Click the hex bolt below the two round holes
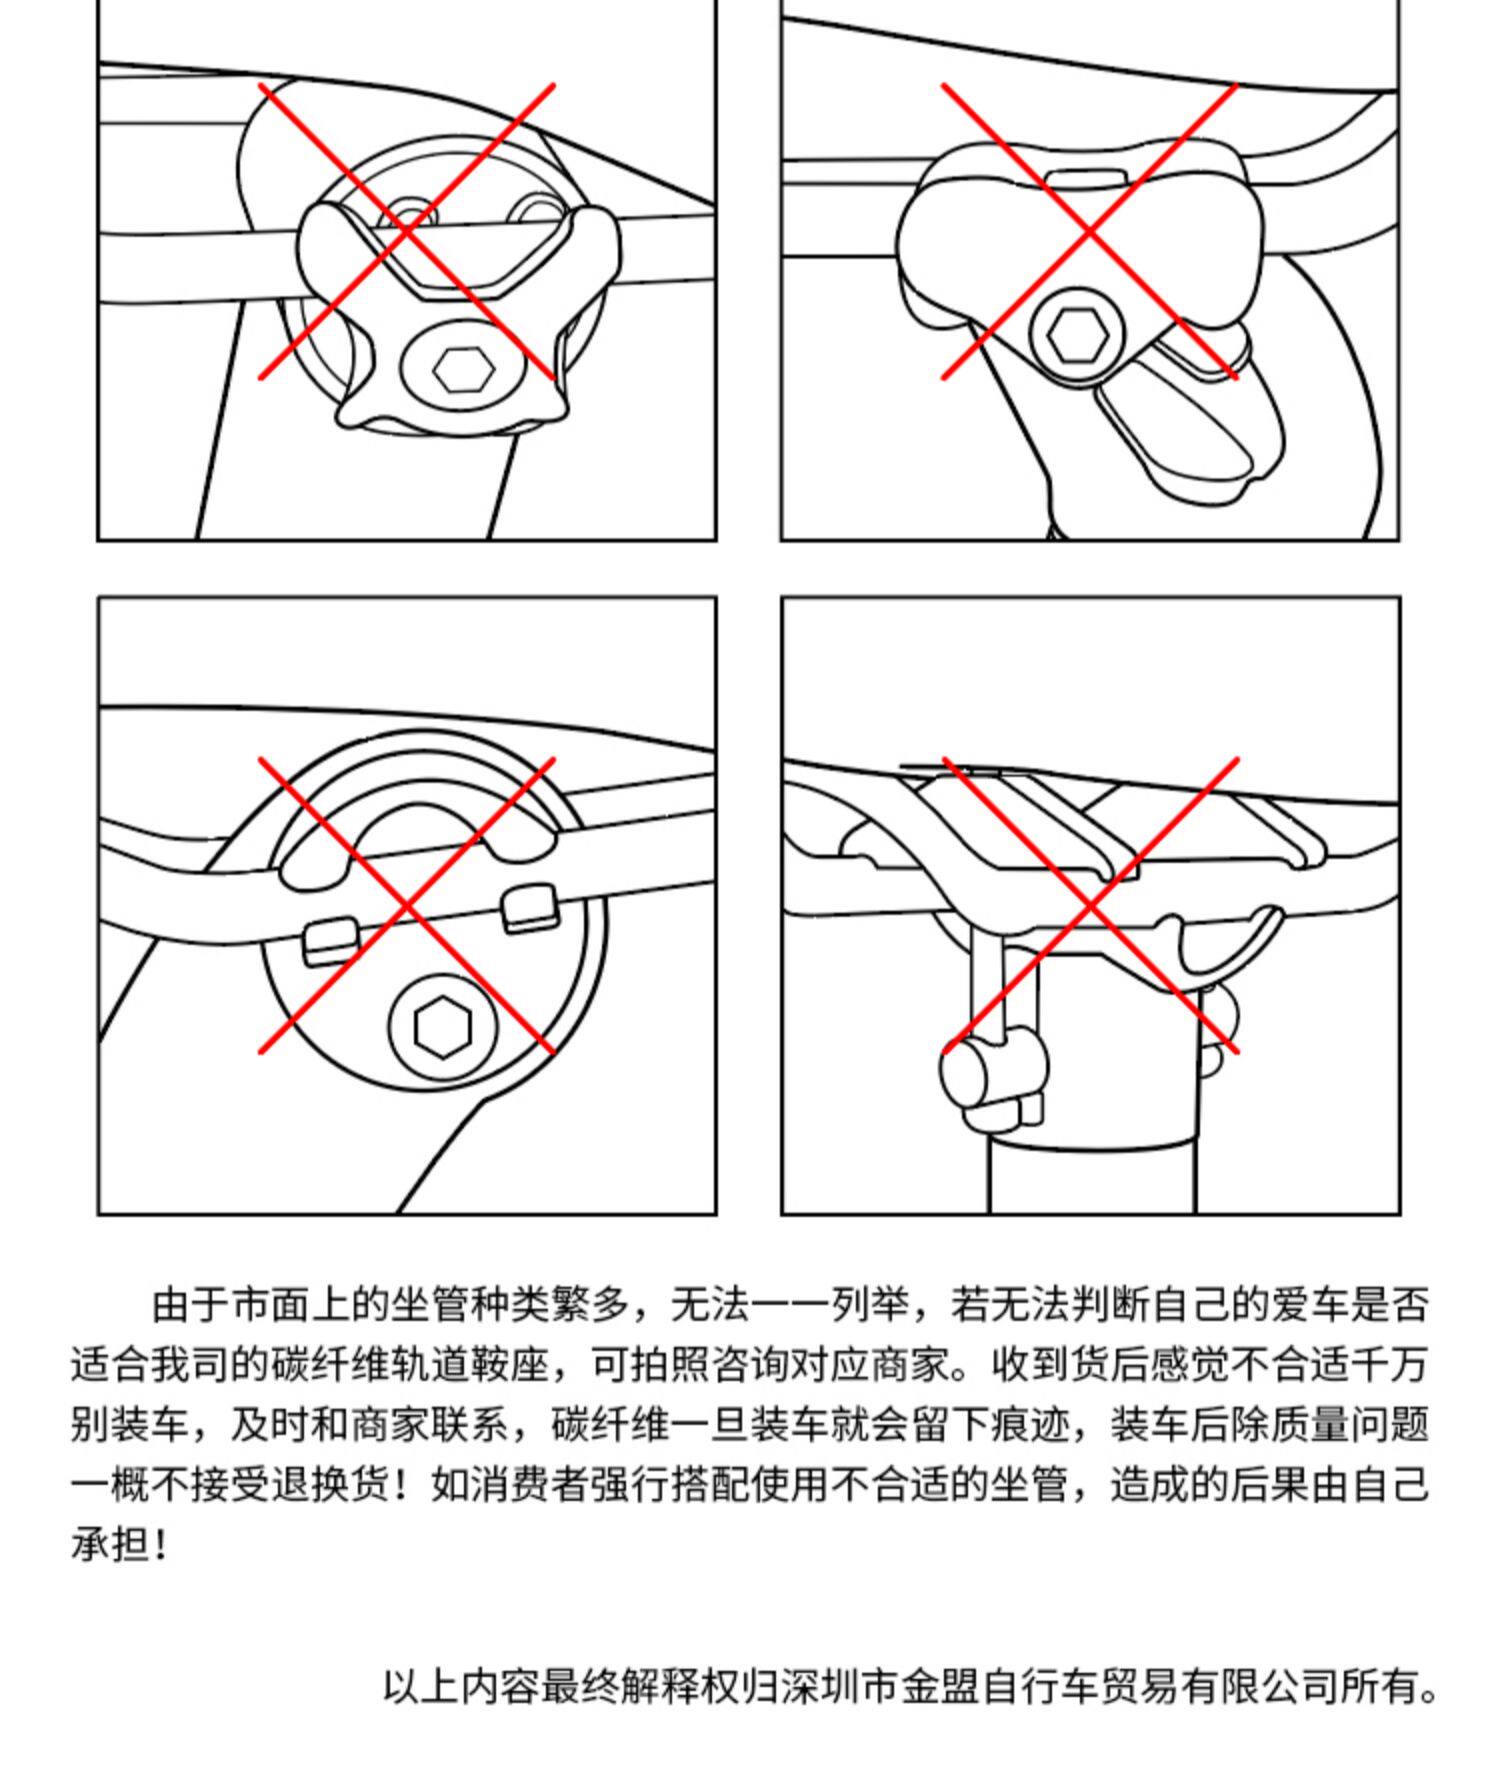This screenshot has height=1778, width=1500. (463, 371)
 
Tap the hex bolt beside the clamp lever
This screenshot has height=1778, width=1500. (1076, 334)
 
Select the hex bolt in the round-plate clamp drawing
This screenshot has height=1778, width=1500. (442, 1028)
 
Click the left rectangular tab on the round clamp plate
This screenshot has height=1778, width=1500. (331, 941)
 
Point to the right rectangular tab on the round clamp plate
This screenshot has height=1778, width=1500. (530, 909)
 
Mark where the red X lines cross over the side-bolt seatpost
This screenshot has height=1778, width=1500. (1090, 905)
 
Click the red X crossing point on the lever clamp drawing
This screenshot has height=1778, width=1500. (1089, 232)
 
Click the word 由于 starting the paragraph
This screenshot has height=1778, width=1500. (191, 1305)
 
